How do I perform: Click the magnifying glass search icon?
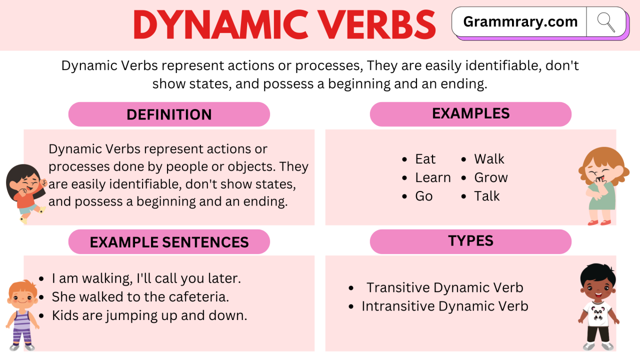[x=605, y=22]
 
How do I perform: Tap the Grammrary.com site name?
[x=520, y=22]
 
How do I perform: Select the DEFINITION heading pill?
[x=169, y=114]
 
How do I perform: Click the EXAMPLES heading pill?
[x=470, y=114]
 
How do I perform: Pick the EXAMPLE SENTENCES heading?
[x=169, y=242]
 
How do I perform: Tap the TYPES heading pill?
[x=470, y=241]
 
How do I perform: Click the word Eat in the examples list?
[x=425, y=159]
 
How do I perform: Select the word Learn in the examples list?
[x=433, y=177]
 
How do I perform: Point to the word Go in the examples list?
[x=423, y=196]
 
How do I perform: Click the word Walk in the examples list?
[x=489, y=159]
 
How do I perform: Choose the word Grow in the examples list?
[x=491, y=177]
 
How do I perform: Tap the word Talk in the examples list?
[x=487, y=196]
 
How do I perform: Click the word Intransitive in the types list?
[x=398, y=306]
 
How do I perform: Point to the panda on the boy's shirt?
[x=597, y=313]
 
